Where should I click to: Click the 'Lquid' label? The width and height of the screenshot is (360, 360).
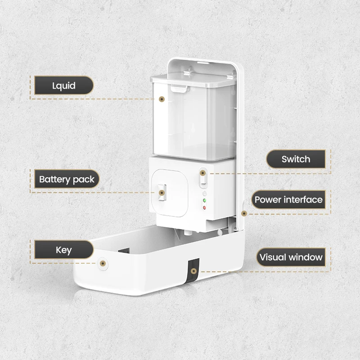63,85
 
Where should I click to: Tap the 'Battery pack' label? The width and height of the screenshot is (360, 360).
67,180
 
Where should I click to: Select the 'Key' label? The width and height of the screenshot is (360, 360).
63,250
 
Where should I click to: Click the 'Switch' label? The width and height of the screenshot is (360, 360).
296,159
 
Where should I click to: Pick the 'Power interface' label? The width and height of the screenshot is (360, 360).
288,199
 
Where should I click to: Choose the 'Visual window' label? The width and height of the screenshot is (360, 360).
291,257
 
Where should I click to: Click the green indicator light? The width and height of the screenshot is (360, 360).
204,201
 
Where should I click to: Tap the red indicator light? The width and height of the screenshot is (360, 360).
204,207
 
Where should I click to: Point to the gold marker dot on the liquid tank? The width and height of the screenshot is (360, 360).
162,99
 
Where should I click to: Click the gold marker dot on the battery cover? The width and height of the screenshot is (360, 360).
161,193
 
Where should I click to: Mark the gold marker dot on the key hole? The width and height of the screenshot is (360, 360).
103,262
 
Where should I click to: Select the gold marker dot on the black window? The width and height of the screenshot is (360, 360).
193,271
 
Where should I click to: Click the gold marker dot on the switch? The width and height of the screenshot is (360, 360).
203,172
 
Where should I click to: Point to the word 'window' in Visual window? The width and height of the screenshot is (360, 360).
306,257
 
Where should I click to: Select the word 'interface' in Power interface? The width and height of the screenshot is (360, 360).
303,199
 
